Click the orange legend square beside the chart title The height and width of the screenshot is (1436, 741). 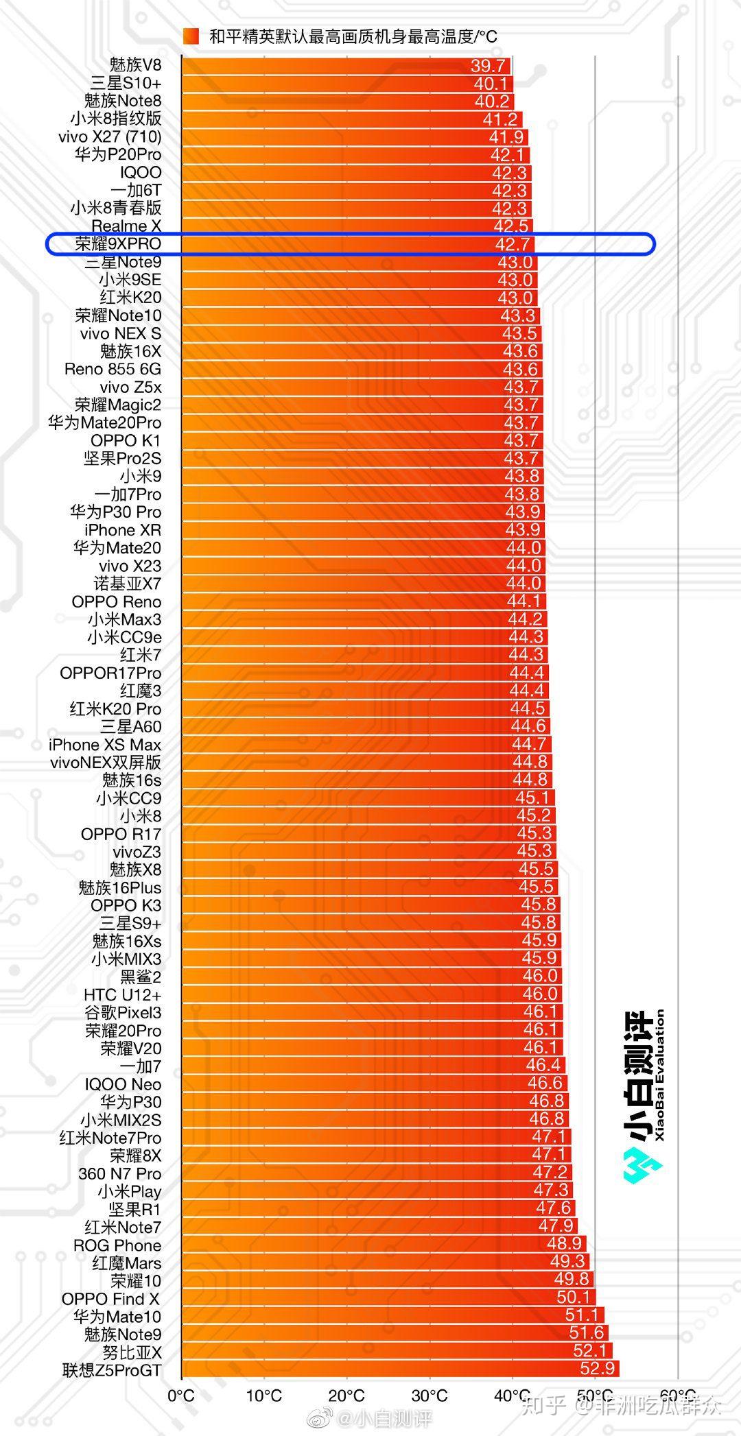(x=191, y=36)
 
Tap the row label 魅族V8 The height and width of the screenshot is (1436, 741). (x=135, y=65)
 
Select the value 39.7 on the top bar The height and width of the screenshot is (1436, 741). (x=489, y=66)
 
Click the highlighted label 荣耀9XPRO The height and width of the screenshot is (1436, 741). (x=117, y=244)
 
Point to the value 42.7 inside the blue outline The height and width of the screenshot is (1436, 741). (x=512, y=245)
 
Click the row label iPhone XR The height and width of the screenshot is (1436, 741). (x=123, y=530)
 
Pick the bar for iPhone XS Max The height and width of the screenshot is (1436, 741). (x=343, y=745)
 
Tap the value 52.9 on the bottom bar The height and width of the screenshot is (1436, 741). (x=597, y=1369)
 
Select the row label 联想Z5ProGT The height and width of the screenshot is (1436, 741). (x=112, y=1370)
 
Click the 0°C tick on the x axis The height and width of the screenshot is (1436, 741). (x=181, y=1396)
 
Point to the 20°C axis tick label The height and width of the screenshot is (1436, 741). (x=346, y=1396)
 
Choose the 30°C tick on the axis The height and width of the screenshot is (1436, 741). (x=430, y=1396)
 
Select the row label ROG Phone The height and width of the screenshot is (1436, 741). (x=117, y=1245)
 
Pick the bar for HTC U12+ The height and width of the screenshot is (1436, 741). (x=343, y=994)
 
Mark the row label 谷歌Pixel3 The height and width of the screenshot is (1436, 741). (x=123, y=1013)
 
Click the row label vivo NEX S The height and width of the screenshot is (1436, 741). (x=121, y=333)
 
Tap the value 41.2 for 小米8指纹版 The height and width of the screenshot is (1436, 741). (x=499, y=119)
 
